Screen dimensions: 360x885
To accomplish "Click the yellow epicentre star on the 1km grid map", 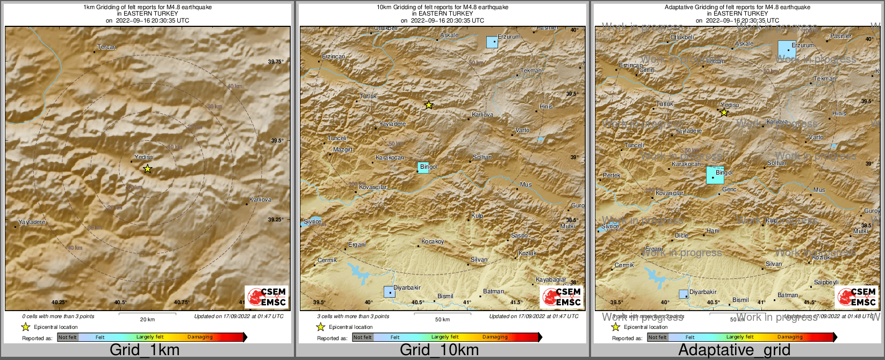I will coord(148,169).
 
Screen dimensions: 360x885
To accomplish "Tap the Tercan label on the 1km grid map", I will coord(106,47).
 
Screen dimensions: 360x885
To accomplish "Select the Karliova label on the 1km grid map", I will coord(261,199).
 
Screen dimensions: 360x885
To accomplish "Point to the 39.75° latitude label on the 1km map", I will coord(276,62).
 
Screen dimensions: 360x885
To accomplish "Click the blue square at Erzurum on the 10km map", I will coord(492,42).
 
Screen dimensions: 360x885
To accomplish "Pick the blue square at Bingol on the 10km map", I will coord(423,167).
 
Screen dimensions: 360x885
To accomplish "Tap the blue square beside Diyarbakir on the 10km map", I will coord(389,292).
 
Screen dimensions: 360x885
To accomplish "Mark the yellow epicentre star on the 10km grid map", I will coord(428,105).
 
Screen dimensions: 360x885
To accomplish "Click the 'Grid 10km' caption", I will coord(439,350).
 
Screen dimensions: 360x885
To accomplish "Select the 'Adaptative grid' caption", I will coord(734,350).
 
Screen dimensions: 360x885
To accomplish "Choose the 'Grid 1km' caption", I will coord(145,350).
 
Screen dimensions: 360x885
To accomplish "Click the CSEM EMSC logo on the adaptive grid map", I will coord(857,297).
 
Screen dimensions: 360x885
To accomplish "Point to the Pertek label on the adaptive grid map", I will coord(611,176).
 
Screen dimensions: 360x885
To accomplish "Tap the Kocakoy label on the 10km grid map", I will coord(433,242).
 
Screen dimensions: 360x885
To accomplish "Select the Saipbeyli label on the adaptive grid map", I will coord(826,283).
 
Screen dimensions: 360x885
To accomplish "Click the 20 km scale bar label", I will coord(147,320).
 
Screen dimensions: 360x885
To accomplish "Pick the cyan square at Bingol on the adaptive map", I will coord(715,175).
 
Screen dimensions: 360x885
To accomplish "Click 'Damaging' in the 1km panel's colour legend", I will coord(200,337).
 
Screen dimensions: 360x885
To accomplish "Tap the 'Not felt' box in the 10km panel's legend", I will coord(363,337).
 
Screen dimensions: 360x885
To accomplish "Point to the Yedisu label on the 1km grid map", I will coord(143,157).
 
